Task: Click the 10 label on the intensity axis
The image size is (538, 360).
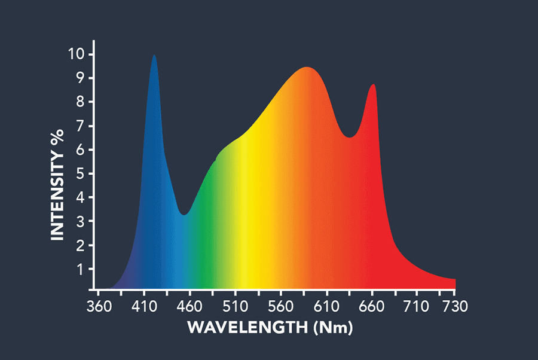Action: point(76,54)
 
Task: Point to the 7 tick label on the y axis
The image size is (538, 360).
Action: point(80,126)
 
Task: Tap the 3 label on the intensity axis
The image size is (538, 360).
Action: point(80,222)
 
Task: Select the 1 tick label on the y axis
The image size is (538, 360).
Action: point(80,270)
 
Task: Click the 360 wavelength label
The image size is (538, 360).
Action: point(99,307)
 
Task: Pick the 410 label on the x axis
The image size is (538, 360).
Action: point(143,307)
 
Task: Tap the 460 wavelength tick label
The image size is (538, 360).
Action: point(189,307)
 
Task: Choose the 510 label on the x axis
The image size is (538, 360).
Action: point(235,307)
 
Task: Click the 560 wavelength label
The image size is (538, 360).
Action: point(281,307)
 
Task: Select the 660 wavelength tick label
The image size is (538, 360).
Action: point(372,307)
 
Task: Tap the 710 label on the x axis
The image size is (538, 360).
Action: point(417,307)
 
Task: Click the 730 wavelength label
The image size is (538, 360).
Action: point(454,307)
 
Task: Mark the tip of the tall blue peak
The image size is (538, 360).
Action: point(154,55)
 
